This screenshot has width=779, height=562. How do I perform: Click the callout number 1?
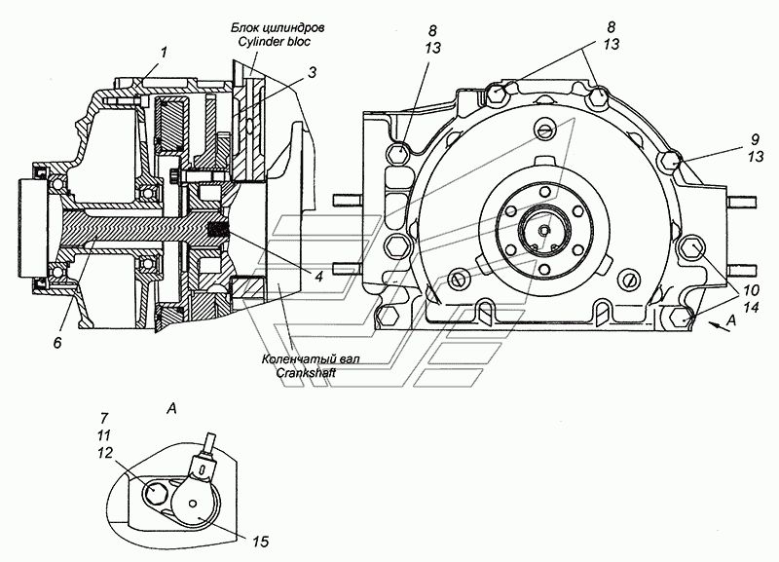(x=164, y=53)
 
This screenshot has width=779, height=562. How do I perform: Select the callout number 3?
(x=311, y=72)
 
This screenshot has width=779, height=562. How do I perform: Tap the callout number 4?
(x=319, y=276)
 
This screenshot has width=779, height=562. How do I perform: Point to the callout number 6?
(x=58, y=342)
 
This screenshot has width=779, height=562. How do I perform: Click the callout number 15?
(x=260, y=542)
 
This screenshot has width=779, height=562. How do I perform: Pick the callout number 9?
(x=756, y=139)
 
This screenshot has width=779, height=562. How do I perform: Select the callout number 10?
(x=752, y=290)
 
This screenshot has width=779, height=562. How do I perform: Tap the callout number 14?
(x=752, y=308)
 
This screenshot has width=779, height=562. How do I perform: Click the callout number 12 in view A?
(x=105, y=453)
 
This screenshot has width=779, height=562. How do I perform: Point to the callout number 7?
(x=105, y=418)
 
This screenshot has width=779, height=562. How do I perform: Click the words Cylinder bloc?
(x=274, y=41)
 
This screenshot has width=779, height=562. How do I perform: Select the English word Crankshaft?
(x=306, y=372)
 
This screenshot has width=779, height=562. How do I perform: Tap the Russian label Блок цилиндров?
(x=278, y=27)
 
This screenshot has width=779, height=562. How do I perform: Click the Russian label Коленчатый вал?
(x=311, y=358)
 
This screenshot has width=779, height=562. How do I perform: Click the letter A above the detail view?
(x=172, y=408)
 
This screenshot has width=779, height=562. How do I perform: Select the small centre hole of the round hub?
(x=545, y=231)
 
